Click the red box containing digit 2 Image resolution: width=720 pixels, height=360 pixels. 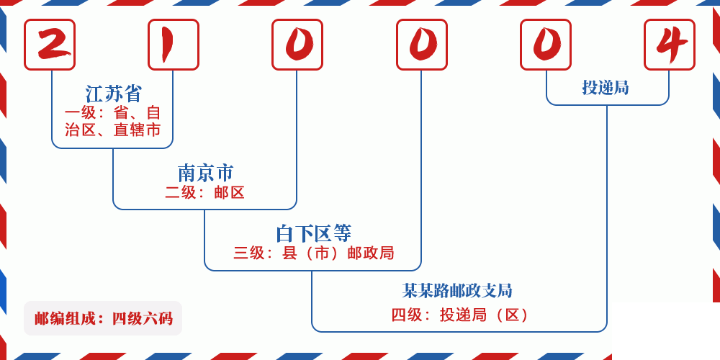pos(50,45)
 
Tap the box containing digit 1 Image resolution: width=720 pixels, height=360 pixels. pos(174,45)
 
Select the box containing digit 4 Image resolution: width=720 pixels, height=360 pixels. pos(670,45)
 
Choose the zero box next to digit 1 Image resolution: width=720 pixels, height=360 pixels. pos(297,45)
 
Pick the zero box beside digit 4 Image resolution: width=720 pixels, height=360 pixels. pos(546,45)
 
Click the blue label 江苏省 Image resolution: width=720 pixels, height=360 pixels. pos(114,94)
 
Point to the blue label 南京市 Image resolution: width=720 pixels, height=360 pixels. pos(205,173)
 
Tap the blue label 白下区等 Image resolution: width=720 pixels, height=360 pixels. pos(313,233)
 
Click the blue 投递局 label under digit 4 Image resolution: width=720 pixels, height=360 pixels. pos(606,88)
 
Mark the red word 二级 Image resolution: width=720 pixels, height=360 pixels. pos(180,192)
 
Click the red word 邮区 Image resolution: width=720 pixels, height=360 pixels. pos(230,192)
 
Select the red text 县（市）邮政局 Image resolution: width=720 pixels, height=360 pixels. pos(338,253)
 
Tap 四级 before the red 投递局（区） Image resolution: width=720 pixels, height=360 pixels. pos(406,315)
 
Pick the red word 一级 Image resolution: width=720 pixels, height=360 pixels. pos(79,113)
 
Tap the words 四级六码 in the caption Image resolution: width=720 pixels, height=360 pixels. pos(142,318)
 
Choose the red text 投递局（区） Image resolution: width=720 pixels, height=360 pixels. pos(485,315)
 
